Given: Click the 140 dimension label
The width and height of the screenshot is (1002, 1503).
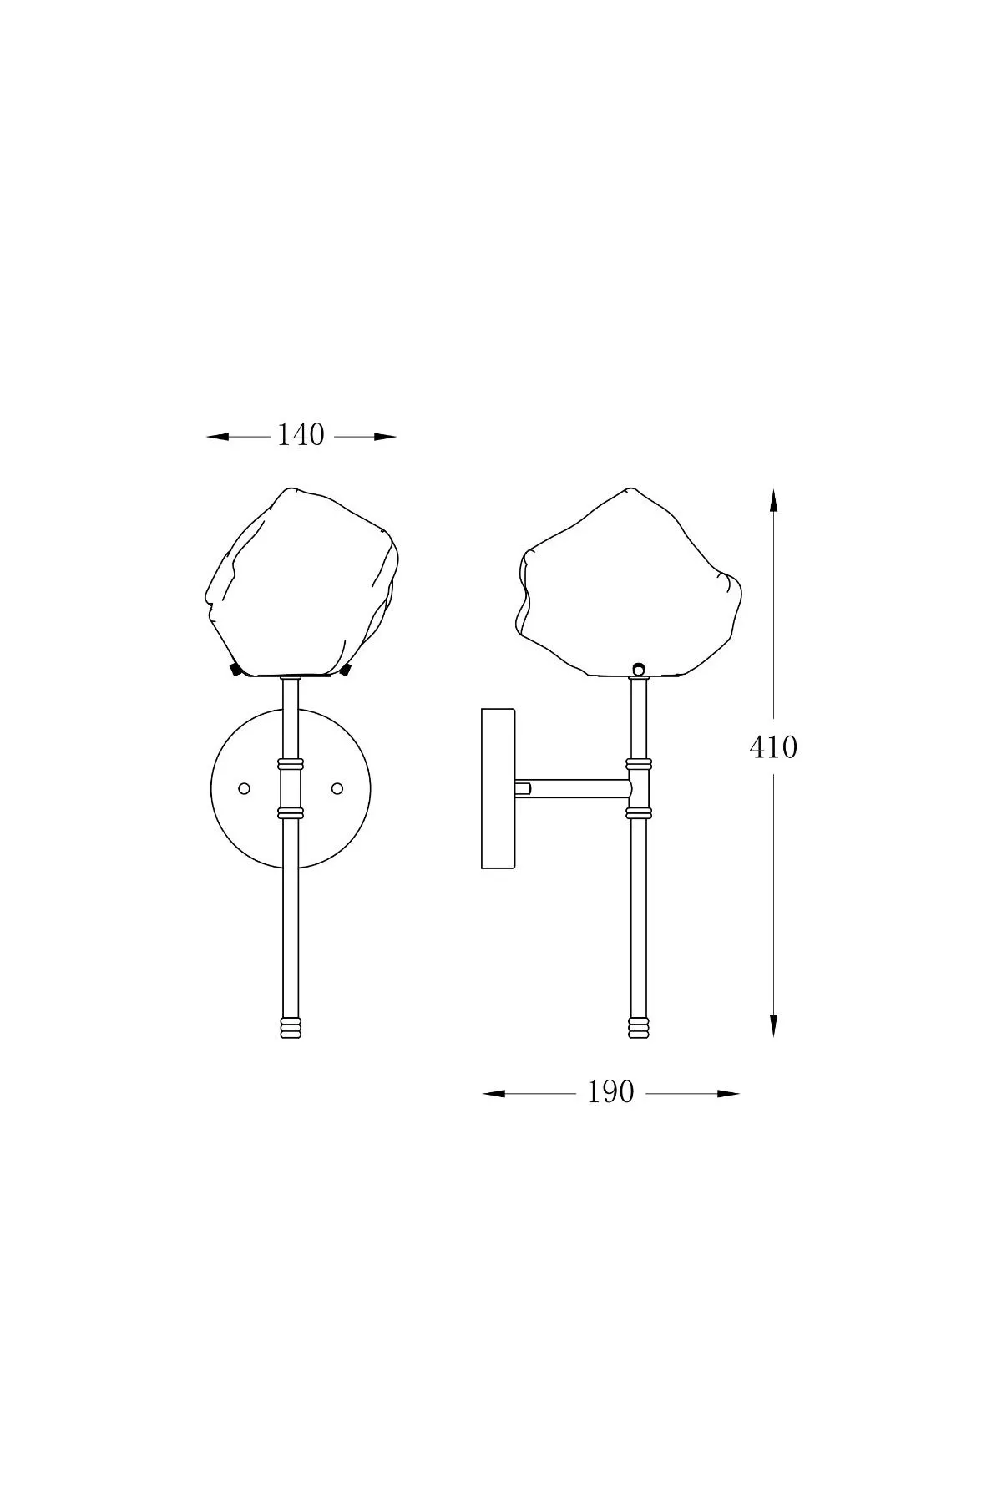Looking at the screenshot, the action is coord(301,435).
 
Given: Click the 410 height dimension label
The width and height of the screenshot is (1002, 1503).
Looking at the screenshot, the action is coord(773,747).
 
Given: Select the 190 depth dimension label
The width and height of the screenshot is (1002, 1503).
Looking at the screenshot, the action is coord(610,1092).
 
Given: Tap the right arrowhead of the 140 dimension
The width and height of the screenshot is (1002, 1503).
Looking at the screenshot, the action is coord(385,436).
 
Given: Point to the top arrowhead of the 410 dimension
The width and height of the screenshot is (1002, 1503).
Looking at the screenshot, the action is coord(774,501).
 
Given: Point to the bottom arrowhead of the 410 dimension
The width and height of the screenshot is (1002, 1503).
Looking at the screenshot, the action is coord(774,1025).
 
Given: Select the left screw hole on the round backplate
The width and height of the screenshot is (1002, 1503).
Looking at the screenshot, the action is coord(245,788).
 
